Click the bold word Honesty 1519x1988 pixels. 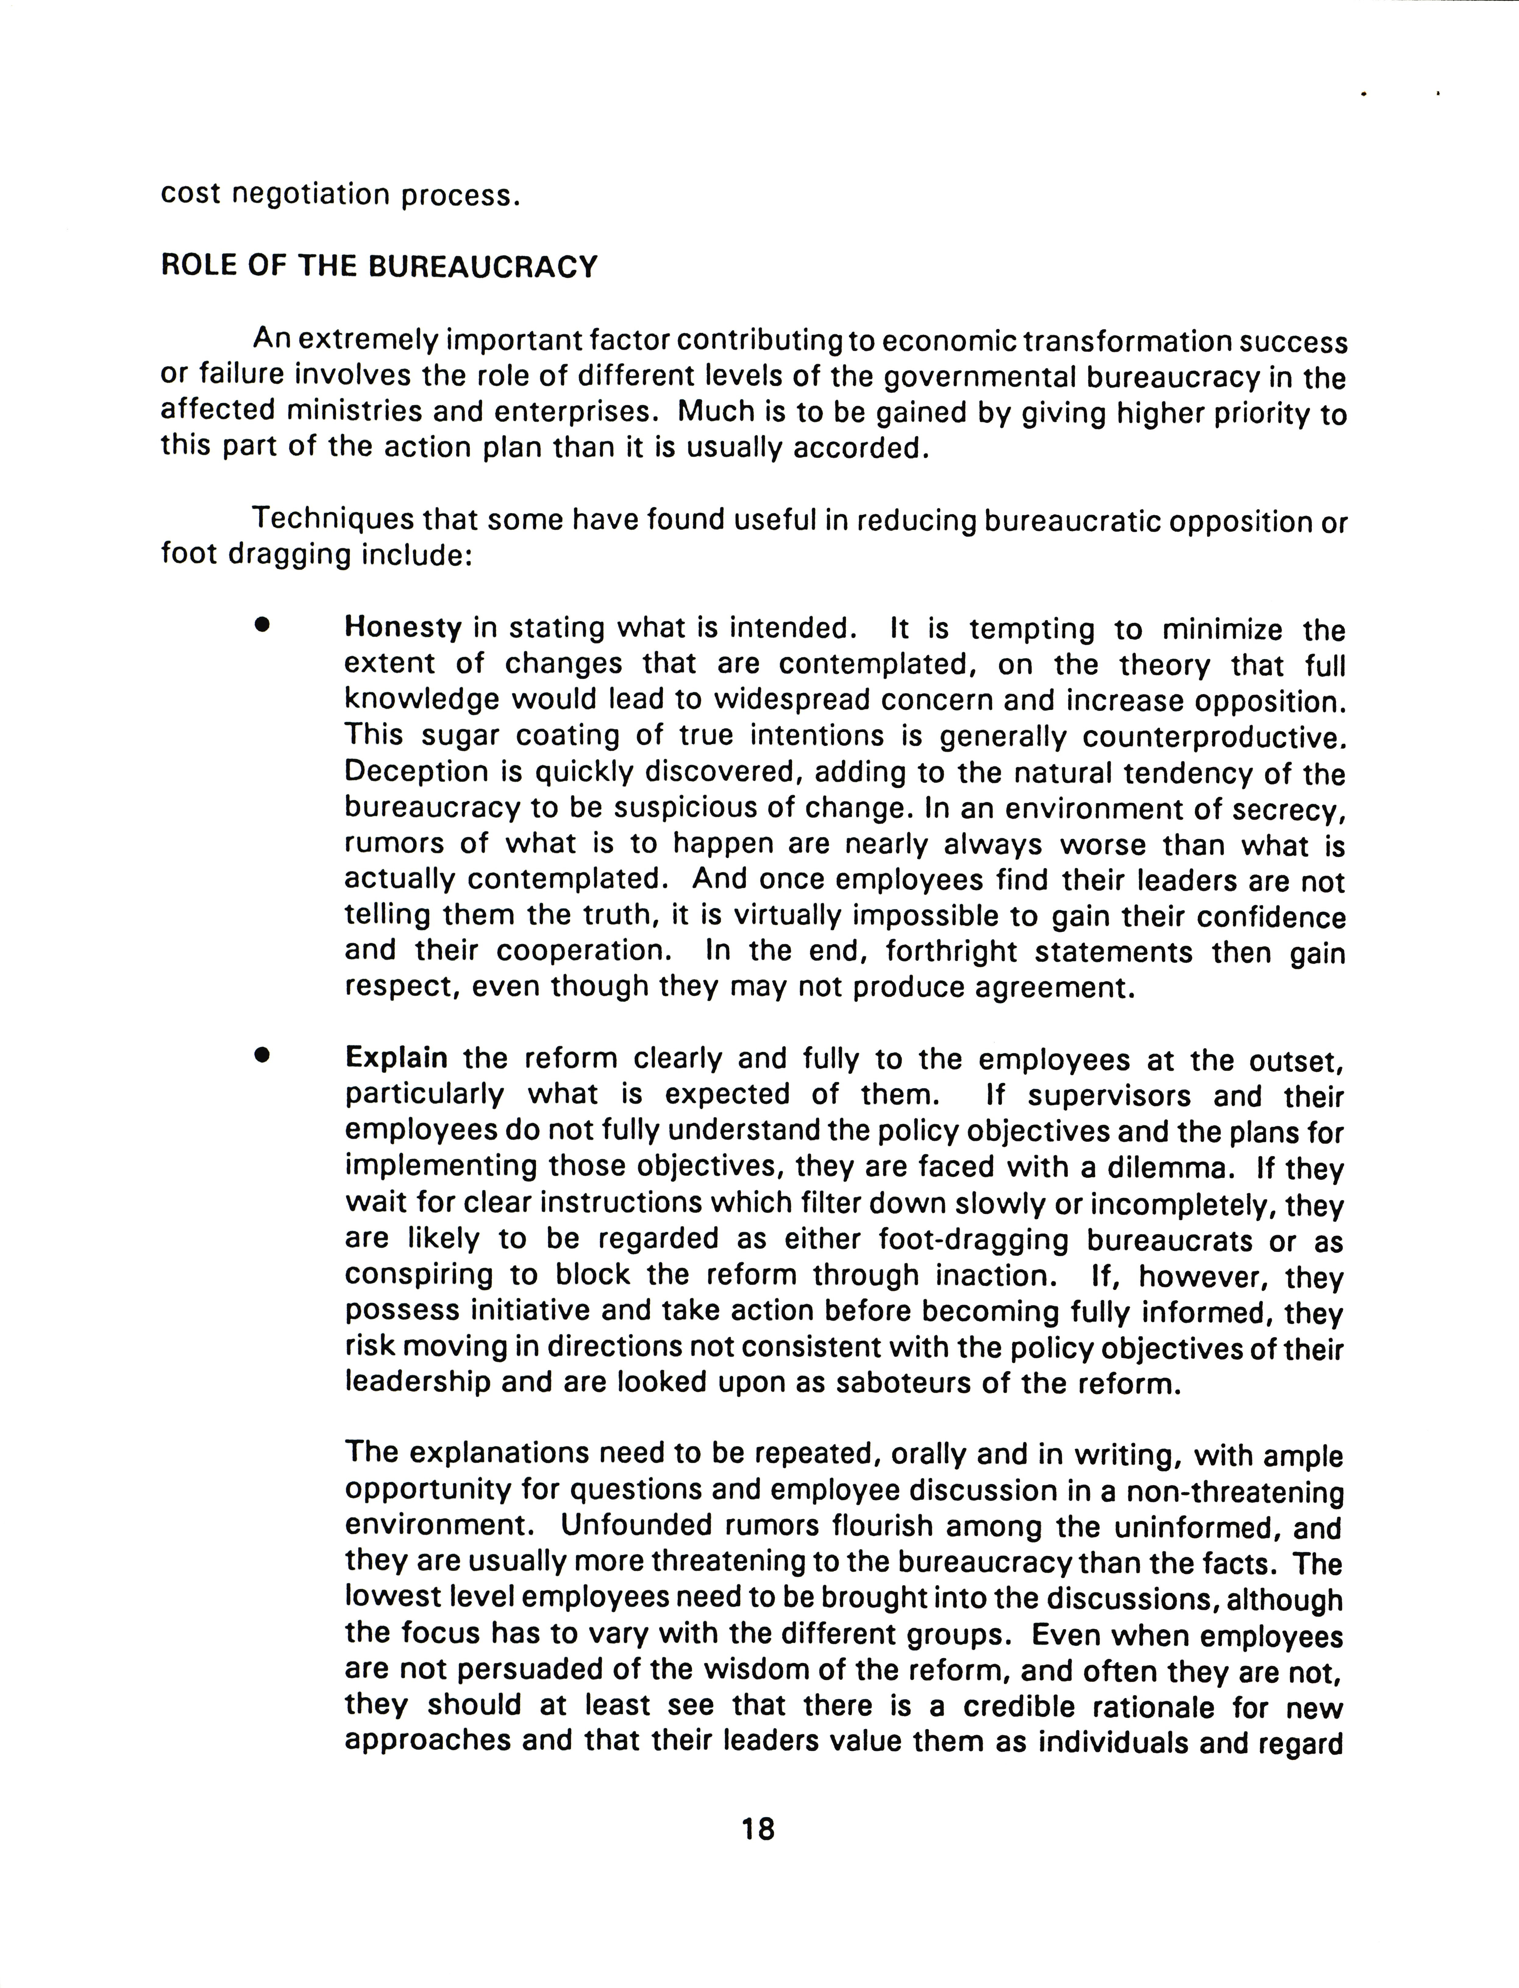tap(402, 628)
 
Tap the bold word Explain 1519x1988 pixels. tap(396, 1058)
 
